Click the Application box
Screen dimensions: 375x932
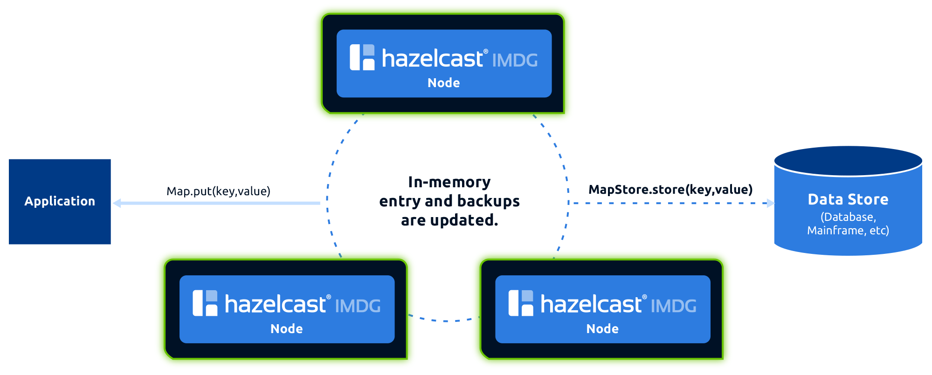(60, 201)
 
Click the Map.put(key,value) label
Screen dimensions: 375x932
(218, 191)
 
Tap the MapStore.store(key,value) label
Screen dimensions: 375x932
(670, 190)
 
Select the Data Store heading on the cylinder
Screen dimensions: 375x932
(848, 199)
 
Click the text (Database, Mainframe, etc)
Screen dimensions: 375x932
(848, 224)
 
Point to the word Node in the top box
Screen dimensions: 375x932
(443, 83)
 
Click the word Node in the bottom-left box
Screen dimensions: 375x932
(286, 329)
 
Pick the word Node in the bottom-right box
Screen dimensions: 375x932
(602, 329)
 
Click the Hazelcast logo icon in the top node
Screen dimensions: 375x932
(362, 57)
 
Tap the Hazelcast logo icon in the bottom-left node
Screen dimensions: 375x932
(205, 303)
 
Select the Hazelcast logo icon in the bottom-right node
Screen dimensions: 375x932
(521, 303)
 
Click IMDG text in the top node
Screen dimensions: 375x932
(515, 61)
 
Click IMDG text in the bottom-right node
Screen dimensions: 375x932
(673, 306)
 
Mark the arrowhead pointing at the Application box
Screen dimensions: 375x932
(117, 203)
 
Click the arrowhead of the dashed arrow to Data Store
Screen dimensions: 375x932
(770, 203)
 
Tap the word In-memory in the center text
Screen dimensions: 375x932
(449, 182)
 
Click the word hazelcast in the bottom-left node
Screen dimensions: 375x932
(275, 305)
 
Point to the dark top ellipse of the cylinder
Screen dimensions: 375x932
(848, 161)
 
